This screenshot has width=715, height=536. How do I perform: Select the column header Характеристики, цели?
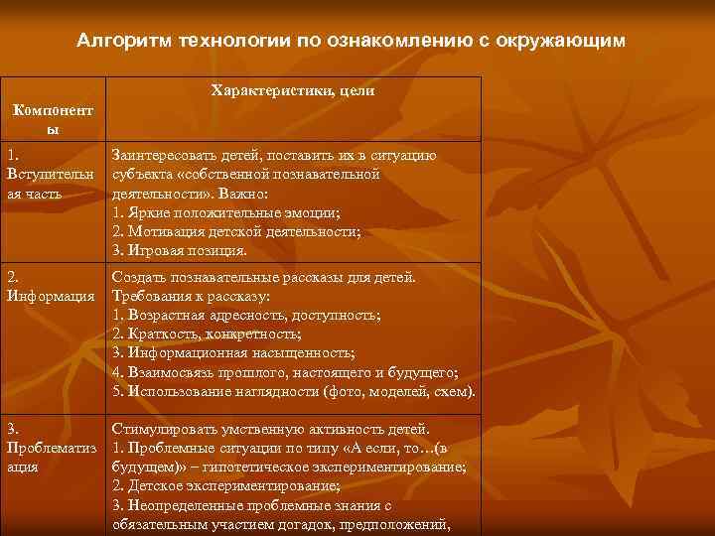pos(293,91)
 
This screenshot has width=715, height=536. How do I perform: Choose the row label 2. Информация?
pos(50,287)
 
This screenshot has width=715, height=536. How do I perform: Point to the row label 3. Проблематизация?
pos(50,448)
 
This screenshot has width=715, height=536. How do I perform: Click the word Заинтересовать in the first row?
pos(165,156)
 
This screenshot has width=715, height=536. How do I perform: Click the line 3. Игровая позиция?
pos(180,250)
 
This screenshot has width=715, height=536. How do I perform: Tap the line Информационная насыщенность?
pos(233,352)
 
